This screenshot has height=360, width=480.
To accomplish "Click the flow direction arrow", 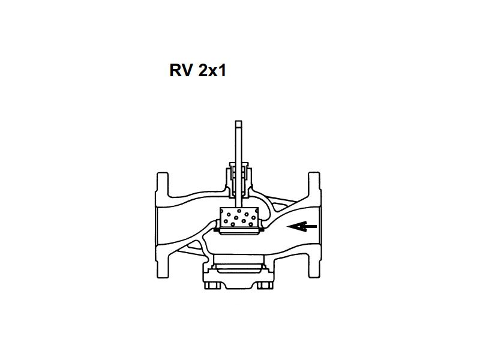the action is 302,227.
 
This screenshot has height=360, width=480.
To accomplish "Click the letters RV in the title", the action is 181,70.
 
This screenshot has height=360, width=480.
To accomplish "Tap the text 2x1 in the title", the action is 212,70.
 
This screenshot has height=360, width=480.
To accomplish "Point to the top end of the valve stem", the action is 238,121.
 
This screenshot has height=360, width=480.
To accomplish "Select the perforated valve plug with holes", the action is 239,218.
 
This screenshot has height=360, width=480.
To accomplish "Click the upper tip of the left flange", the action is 163,173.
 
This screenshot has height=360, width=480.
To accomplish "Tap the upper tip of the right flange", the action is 314,173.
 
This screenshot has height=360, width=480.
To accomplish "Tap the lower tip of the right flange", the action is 314,277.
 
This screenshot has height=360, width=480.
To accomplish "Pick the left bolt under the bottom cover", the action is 212,286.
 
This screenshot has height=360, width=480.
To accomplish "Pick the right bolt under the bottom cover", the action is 265,286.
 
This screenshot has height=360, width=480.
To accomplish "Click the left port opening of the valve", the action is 157,226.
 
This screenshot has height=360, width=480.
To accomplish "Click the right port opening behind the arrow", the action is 319,226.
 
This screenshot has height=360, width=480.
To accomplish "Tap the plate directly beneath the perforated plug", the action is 239,232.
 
